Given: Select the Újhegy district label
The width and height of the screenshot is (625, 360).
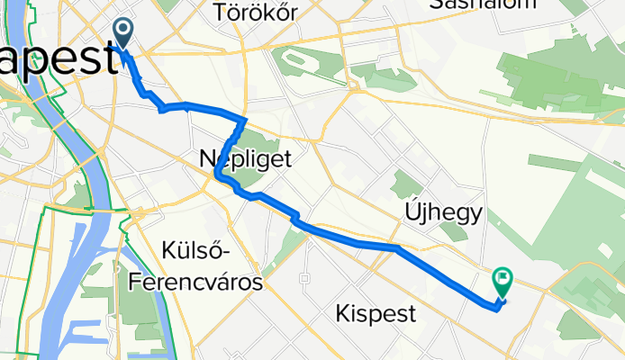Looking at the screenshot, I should click(x=443, y=212).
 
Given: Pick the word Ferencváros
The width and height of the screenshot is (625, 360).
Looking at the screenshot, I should click(x=195, y=283).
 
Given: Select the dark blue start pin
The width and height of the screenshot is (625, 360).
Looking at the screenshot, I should click(x=122, y=31).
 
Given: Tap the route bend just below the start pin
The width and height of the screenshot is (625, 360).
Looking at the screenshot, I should click(x=140, y=89).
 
